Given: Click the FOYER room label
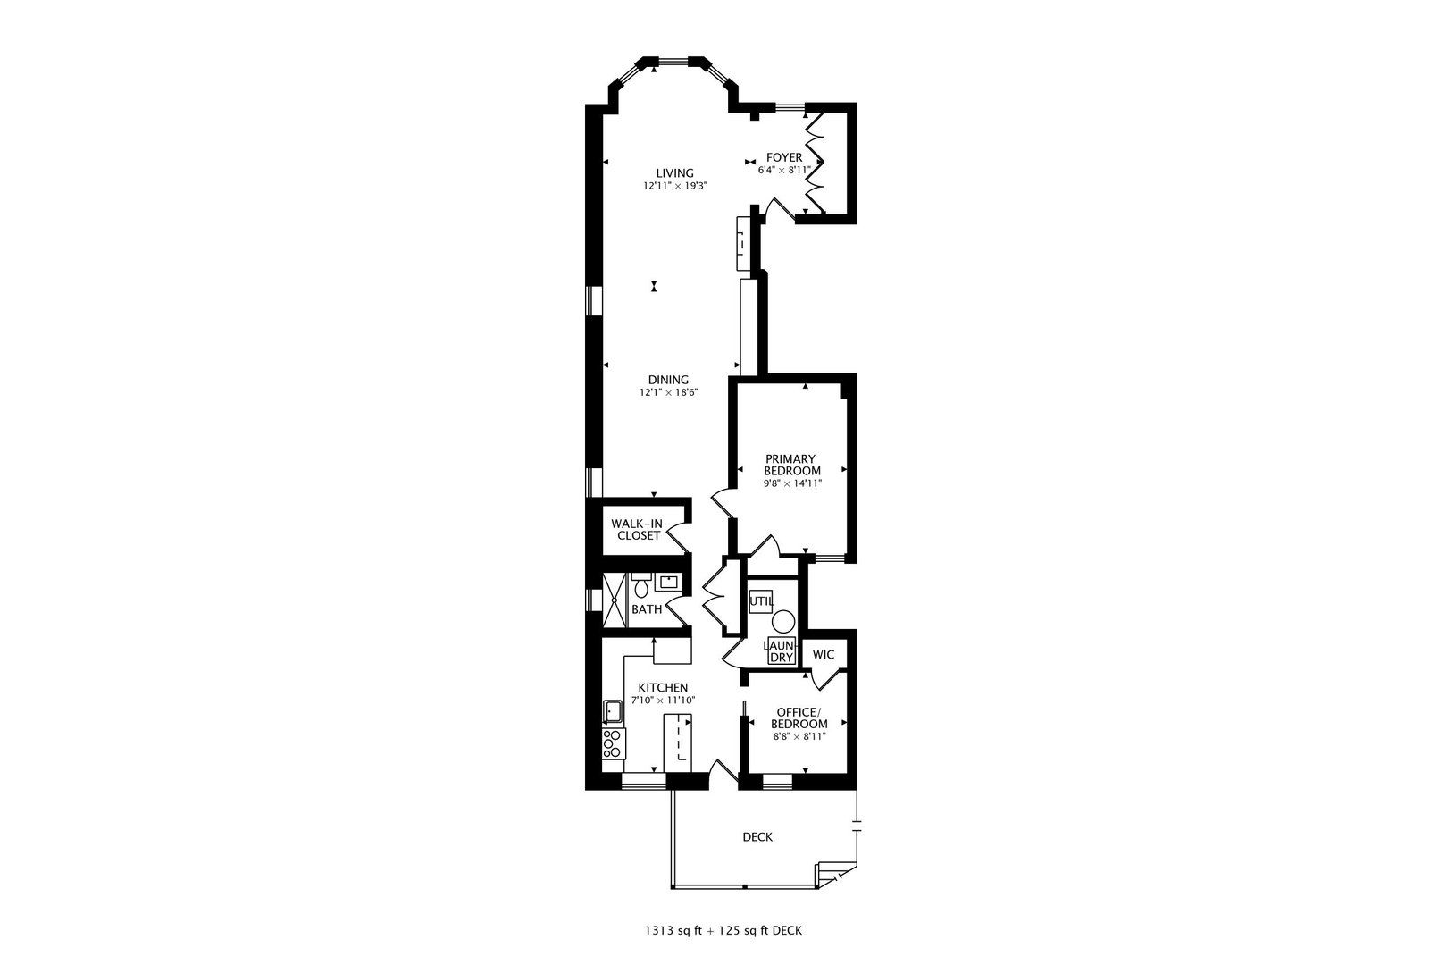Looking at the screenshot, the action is click(783, 157).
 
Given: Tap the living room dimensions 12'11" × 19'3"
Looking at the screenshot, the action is click(675, 186).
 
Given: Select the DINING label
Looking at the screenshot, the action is click(669, 380).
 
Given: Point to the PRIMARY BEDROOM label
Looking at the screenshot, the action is click(792, 465).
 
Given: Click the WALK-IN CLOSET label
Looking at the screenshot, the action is click(639, 529).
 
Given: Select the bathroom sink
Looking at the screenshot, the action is click(667, 582).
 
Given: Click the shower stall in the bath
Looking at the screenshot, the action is click(615, 600).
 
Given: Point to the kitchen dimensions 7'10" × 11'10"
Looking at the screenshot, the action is click(664, 700).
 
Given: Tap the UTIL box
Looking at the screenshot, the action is click(761, 601).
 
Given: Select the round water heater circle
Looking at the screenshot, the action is click(783, 621).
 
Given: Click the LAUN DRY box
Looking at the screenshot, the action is click(782, 650).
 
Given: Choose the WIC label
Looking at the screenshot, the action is click(823, 654).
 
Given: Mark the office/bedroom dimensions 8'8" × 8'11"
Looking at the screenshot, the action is click(799, 736).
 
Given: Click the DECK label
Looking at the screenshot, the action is click(757, 837).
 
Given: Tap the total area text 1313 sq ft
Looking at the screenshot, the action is click(673, 931).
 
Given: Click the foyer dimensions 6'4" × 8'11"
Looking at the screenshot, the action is click(784, 170).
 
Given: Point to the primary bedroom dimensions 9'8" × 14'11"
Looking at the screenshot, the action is click(792, 482).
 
